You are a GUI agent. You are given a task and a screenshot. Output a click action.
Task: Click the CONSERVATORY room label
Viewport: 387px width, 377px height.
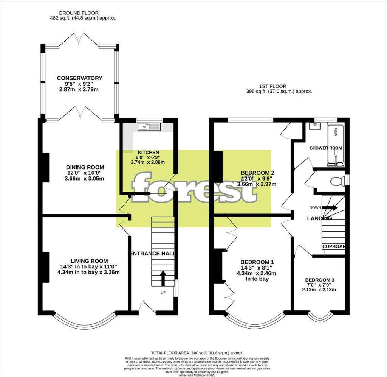(x=79, y=78)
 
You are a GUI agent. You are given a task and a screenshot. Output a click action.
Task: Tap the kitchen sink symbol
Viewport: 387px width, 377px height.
(x=150, y=128)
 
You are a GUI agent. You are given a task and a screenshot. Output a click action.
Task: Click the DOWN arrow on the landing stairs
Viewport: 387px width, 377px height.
(x=331, y=207)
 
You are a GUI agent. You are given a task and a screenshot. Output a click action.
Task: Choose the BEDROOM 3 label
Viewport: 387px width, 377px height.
(x=319, y=280)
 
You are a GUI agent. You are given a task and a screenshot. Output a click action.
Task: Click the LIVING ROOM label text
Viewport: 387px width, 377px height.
(x=89, y=261)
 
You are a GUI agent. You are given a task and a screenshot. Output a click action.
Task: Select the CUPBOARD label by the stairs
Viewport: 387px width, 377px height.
(x=334, y=247)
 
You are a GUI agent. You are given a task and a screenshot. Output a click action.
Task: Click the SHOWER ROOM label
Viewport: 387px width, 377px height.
(x=325, y=148)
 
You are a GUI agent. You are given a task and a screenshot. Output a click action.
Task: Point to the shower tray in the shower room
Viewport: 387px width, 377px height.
(x=336, y=146)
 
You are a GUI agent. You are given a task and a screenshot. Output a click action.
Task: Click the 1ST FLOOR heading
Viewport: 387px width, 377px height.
(x=273, y=86)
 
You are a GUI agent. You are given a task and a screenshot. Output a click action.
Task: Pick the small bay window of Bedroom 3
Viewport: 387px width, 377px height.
(x=320, y=317)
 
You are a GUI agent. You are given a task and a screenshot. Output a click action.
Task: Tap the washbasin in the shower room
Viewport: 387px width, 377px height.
(x=314, y=127)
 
